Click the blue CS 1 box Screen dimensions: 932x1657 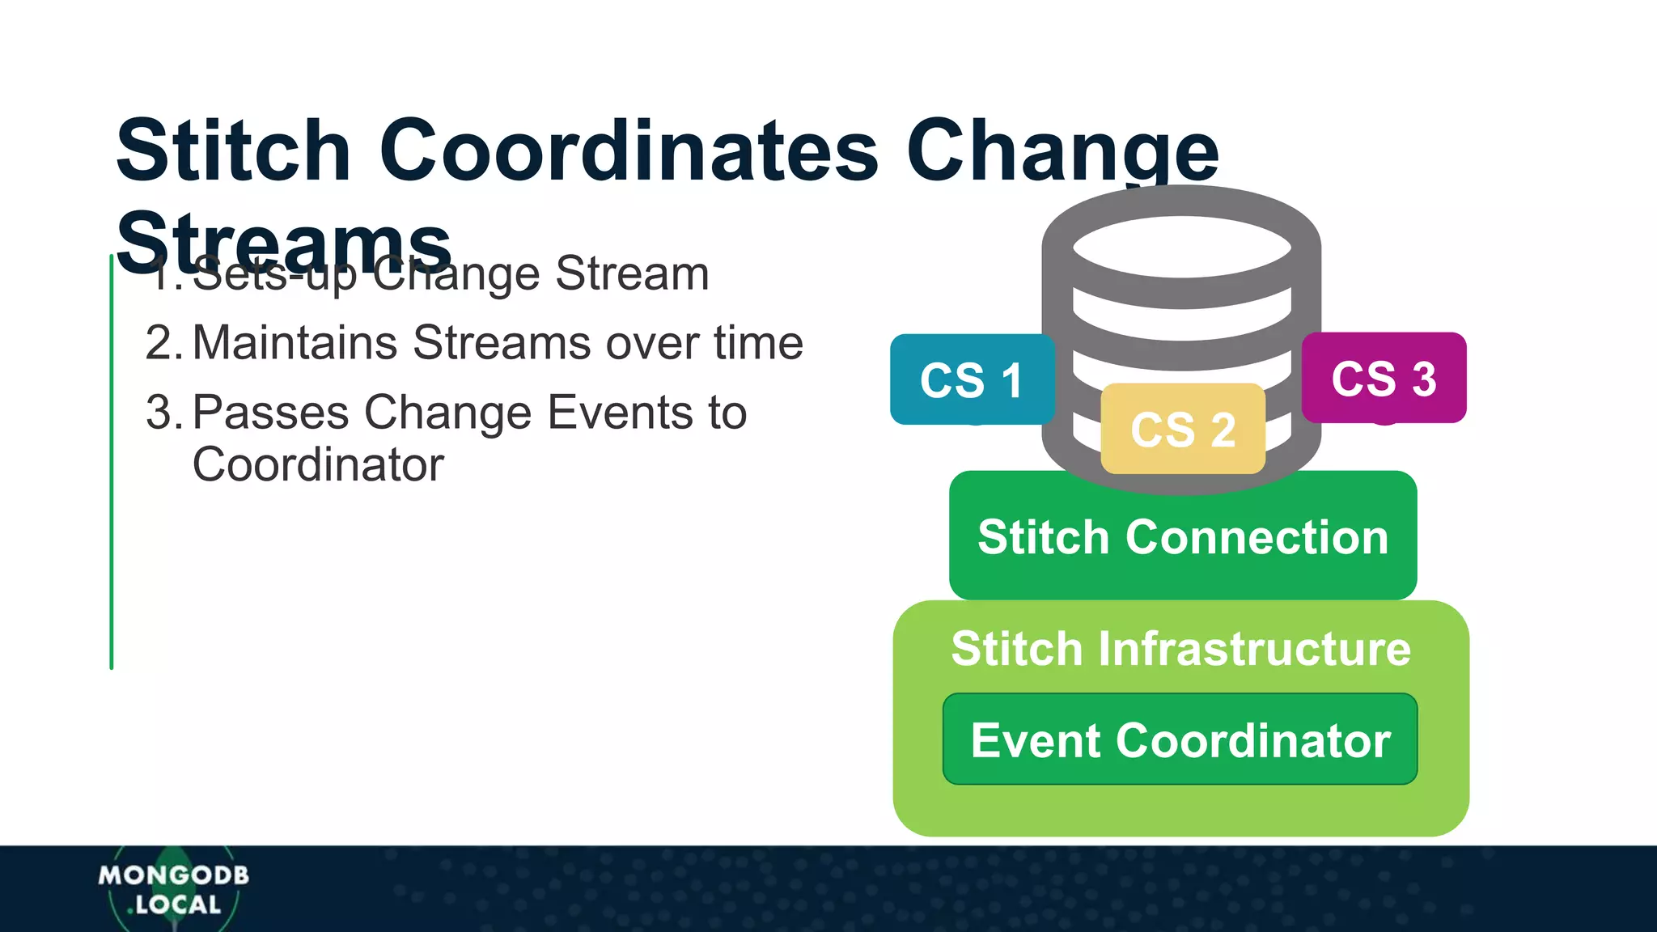click(972, 379)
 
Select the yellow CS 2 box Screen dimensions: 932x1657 click(1183, 429)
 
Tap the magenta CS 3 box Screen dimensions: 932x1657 click(1384, 378)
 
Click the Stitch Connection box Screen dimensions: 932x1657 click(1183, 536)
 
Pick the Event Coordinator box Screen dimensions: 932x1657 click(1180, 739)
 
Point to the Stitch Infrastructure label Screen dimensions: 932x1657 click(1180, 648)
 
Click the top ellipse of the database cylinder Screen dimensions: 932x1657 click(1181, 247)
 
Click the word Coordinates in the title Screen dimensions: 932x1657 click(629, 150)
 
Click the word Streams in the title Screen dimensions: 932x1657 click(283, 241)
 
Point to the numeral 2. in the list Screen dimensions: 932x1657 click(164, 343)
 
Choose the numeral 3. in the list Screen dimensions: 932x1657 click(164, 413)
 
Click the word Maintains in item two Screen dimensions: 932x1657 click(295, 343)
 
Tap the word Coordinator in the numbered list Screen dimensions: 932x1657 click(318, 464)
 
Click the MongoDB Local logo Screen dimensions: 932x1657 click(173, 889)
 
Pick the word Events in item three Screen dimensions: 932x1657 click(620, 413)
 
